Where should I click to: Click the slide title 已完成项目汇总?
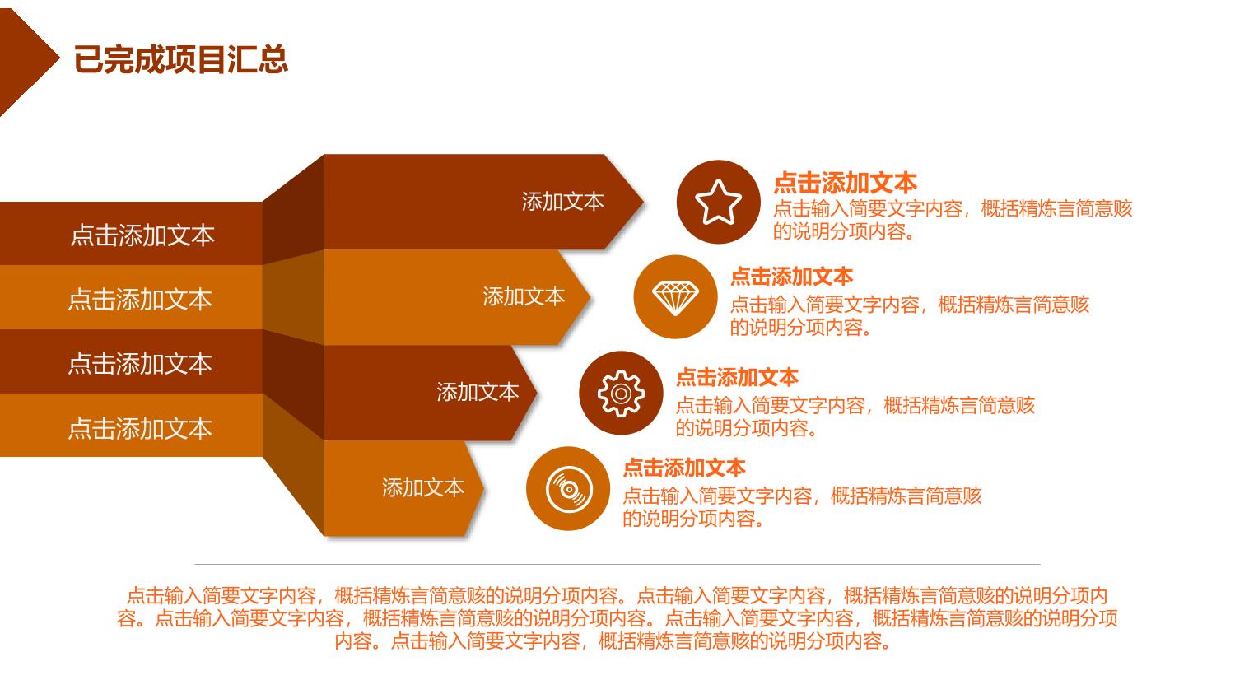[181, 59]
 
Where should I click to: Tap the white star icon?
[719, 203]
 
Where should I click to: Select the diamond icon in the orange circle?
[675, 297]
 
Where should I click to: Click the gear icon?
[621, 393]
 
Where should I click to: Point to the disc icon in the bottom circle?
[569, 489]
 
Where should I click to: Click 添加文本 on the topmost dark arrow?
[563, 202]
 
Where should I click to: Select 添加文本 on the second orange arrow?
[524, 296]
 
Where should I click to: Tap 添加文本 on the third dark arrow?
[478, 392]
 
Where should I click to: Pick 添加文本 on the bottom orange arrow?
[423, 488]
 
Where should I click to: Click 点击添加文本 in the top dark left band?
[142, 235]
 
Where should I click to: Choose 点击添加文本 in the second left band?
[140, 300]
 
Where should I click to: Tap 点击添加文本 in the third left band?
[140, 364]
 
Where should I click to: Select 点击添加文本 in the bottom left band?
[140, 428]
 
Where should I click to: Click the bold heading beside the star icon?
[846, 183]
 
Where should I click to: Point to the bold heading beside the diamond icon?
[792, 276]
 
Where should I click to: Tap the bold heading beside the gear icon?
[738, 378]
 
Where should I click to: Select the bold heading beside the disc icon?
[684, 468]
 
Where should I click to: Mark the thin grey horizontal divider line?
[617, 565]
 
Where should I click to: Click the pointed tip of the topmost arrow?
[643, 202]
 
